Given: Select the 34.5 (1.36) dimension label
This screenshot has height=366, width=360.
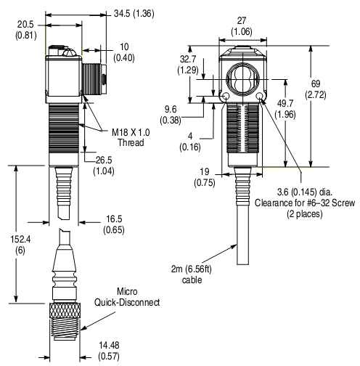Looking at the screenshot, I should [114, 12].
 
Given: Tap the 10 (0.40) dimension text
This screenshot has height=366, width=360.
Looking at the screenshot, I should [126, 52].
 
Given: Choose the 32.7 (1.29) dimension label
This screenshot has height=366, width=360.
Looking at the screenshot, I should [187, 65].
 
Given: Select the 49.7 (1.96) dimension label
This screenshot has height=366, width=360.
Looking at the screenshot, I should [287, 108].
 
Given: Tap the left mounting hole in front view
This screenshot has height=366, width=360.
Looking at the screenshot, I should [226, 97].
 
